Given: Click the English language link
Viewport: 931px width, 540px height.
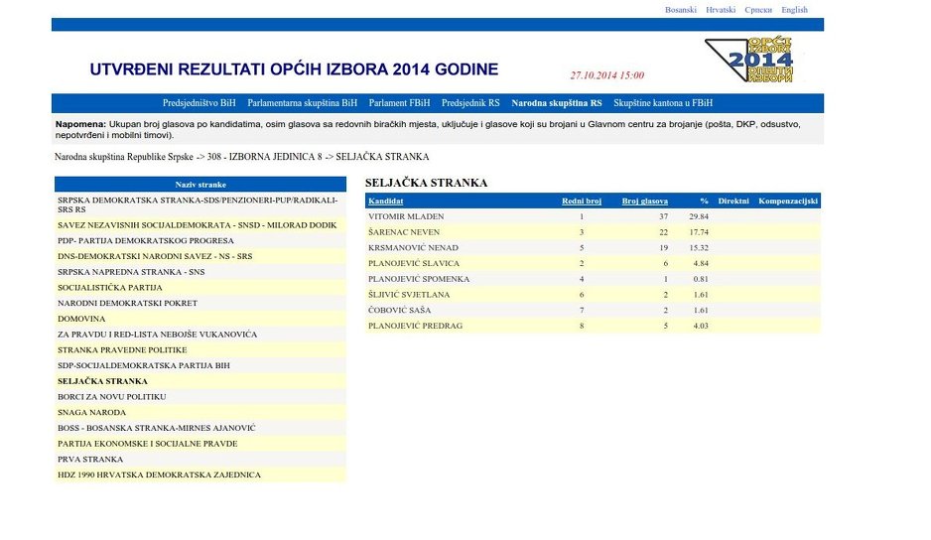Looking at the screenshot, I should pos(794,10).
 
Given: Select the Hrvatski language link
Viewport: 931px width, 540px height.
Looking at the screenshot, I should pos(721,10).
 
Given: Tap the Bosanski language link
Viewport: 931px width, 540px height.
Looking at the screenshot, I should pos(681,10).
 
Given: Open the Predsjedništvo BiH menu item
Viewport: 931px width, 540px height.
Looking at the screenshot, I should pos(199,103).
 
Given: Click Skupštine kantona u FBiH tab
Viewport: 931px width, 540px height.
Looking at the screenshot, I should pos(663,103).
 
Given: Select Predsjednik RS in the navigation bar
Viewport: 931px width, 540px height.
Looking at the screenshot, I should pos(470,103).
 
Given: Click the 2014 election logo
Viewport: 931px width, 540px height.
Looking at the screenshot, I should pos(749,61).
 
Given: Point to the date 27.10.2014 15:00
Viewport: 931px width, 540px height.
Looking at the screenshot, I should pos(607,75).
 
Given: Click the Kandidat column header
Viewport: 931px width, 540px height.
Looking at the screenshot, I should pos(385,202).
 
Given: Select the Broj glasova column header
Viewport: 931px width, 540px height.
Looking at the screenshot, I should pos(645,202).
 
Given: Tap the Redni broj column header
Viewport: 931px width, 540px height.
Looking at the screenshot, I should pos(582,202).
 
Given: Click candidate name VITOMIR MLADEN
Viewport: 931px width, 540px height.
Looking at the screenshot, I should pos(406,216).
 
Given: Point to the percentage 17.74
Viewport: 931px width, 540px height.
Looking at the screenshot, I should pos(699,232).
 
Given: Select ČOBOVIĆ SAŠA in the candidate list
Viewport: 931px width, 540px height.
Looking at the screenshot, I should pos(401,310).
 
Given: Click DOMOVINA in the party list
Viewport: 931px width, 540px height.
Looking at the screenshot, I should pos(81,319).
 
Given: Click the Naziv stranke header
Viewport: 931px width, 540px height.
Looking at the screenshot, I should pos(200,185).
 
